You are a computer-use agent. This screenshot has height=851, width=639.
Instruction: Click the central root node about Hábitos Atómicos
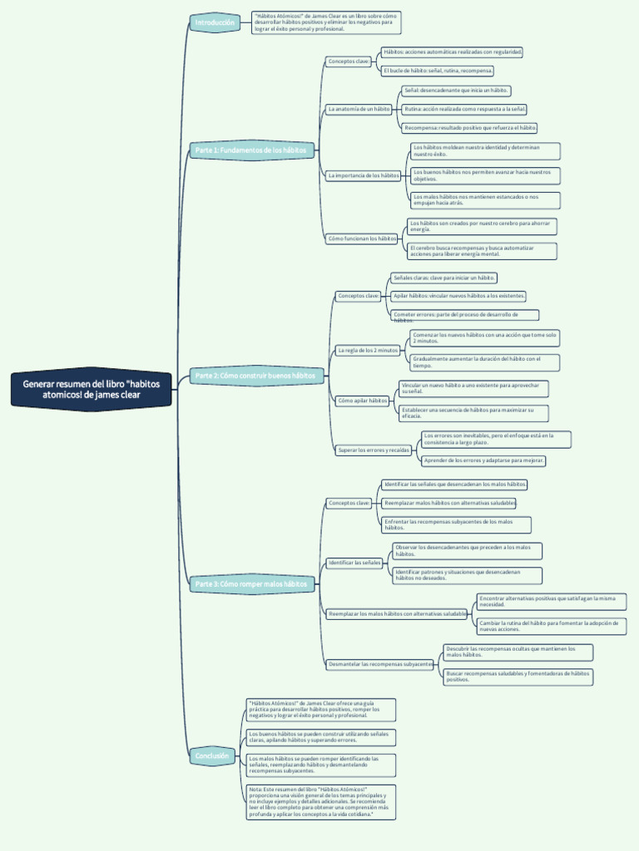coord(92,389)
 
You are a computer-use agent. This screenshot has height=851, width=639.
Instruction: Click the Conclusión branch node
coord(213,755)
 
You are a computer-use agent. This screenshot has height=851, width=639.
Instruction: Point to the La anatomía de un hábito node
coord(359,109)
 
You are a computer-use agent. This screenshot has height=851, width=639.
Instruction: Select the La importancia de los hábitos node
coord(364,175)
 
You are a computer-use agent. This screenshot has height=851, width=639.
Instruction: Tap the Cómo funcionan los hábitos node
coord(362,239)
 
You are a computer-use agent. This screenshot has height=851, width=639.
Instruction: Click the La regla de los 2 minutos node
coord(368,351)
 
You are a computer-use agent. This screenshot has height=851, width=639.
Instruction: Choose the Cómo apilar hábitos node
coord(362,401)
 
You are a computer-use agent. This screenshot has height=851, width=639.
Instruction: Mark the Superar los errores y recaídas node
coord(374,450)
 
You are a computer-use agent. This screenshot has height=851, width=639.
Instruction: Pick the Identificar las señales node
coord(354,563)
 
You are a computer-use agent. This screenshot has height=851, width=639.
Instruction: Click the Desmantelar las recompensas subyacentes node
coord(380,664)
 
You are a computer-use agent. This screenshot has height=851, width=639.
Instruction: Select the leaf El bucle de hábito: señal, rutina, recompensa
coord(438,71)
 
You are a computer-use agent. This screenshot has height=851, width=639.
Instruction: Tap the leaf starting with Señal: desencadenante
coord(455,90)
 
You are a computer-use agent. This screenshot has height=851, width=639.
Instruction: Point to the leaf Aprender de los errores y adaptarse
coord(483,460)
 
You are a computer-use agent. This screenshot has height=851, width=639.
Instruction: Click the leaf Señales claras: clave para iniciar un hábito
coord(443,278)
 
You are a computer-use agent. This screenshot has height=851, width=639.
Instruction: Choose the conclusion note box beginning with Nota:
coord(320,802)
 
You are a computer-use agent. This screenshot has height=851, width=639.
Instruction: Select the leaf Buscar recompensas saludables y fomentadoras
coord(518,676)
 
